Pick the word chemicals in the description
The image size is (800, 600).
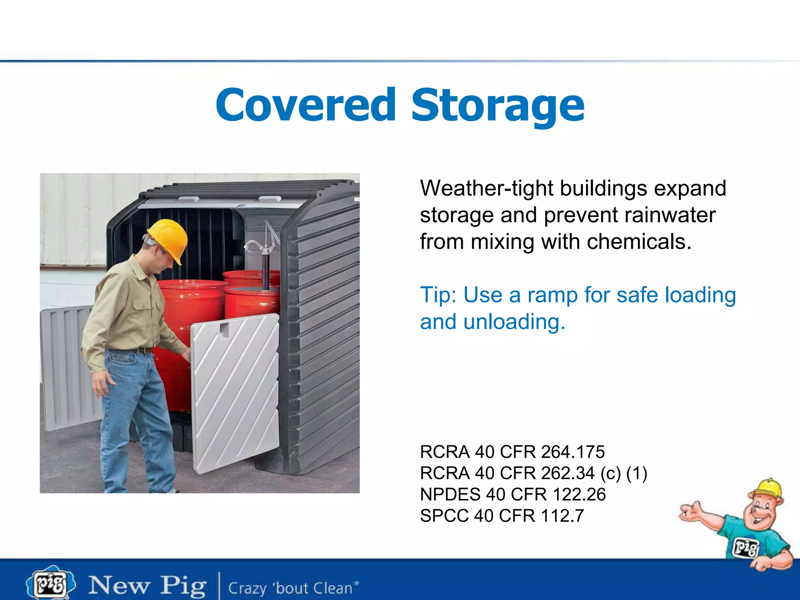coord(639,242)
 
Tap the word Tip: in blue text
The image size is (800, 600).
coord(438,295)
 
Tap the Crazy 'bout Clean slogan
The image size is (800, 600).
coord(293,588)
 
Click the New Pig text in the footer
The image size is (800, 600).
coord(147,586)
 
